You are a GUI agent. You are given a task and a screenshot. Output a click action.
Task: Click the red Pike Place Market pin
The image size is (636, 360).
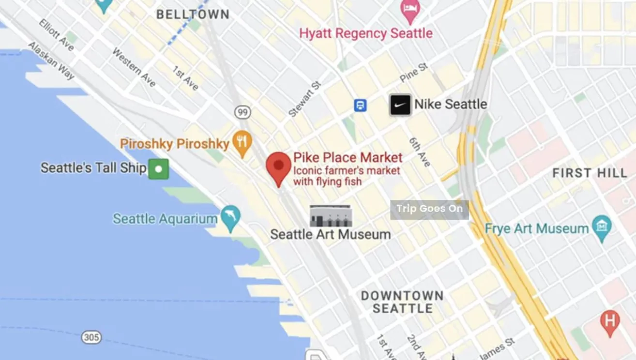tap(278, 166)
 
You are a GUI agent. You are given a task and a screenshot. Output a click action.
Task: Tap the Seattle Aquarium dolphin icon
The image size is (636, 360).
tap(230, 218)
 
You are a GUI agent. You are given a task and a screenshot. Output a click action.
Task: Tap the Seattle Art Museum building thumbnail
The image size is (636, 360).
tap(331, 216)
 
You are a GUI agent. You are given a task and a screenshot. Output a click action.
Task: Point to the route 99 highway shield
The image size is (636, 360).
tap(242, 113)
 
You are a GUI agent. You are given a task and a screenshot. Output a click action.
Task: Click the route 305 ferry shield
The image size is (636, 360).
tap(91, 337)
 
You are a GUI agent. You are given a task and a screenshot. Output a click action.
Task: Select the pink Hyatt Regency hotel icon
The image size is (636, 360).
tap(410, 11)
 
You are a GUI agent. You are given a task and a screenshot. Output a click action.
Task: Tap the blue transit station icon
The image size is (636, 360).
tap(360, 105)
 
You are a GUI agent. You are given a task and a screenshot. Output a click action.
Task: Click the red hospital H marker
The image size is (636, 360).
tap(609, 321)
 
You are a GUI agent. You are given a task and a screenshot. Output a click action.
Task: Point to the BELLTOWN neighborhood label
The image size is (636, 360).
tap(193, 15)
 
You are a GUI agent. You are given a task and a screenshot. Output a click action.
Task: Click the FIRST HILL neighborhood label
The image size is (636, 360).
tap(590, 173)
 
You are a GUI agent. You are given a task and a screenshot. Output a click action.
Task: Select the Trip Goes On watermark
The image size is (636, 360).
tap(429, 209)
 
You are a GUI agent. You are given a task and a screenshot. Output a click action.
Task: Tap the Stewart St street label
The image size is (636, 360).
tap(304, 100)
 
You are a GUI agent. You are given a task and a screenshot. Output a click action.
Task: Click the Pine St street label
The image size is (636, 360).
tap(414, 73)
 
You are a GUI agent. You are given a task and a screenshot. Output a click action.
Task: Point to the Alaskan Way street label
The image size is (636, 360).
tap(51, 60)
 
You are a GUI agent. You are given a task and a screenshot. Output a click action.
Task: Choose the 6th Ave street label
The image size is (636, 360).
tap(420, 152)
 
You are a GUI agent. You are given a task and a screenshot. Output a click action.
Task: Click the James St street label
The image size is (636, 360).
tap(498, 349)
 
